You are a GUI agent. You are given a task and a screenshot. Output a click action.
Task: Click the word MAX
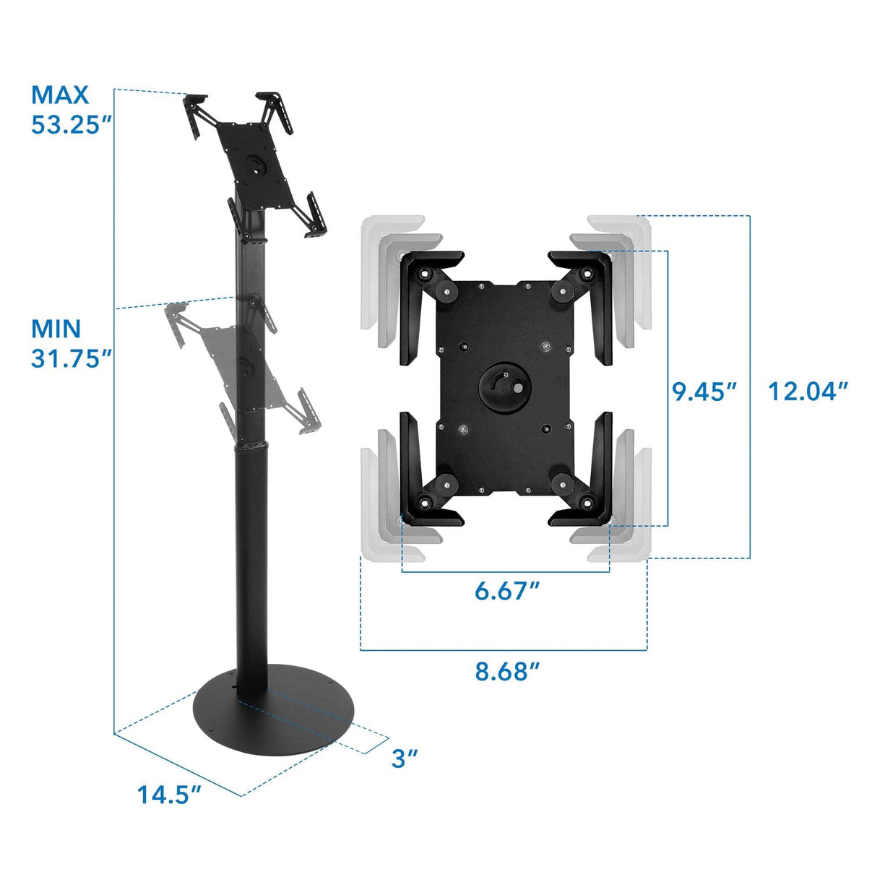click(x=60, y=95)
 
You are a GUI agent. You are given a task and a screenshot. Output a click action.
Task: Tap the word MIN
click(x=56, y=329)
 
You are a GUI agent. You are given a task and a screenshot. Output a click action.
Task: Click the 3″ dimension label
click(x=405, y=759)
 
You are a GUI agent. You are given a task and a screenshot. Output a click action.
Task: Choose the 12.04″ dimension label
click(x=807, y=392)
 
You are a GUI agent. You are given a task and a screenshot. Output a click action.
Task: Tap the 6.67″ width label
click(x=507, y=591)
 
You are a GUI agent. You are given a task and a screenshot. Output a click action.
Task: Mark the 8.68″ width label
click(x=507, y=672)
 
